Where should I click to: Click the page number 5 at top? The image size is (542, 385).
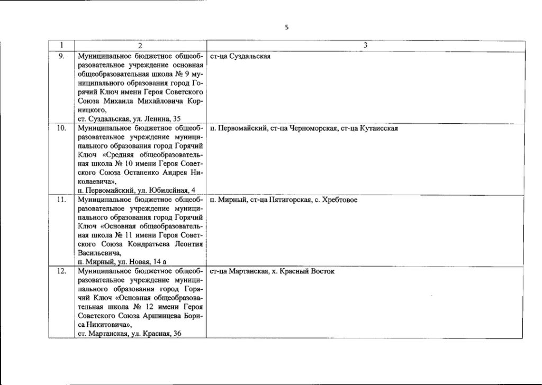pos(286,27)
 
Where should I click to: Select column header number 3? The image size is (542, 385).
pos(365,46)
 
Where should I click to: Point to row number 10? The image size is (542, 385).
pos(61,128)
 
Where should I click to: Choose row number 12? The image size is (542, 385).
pos(61,271)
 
